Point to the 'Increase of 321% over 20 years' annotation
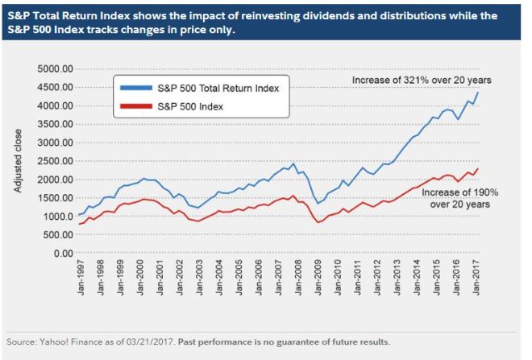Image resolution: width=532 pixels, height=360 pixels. [x=421, y=80]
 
